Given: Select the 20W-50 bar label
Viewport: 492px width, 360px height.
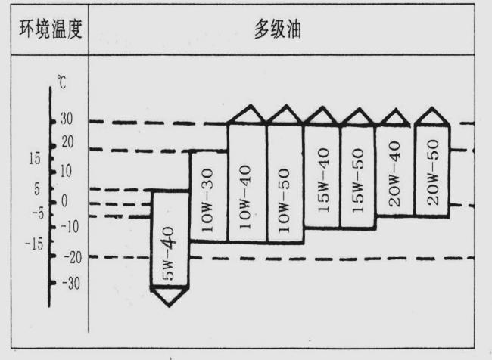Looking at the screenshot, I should pos(431,172).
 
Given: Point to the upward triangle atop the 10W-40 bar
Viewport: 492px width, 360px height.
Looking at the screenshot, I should pos(247,114).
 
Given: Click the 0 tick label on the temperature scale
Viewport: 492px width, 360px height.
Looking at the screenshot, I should pos(64,200).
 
